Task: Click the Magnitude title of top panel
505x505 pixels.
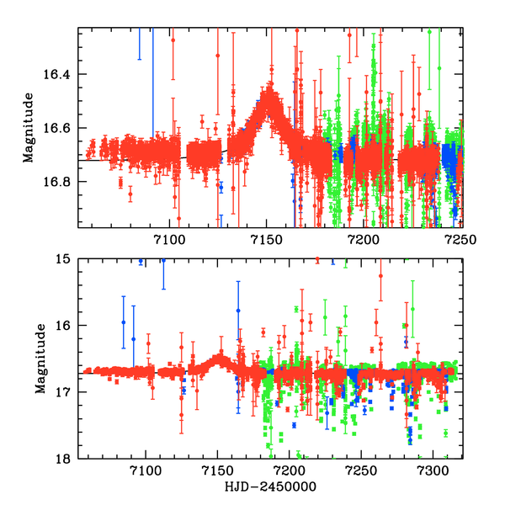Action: click(29, 129)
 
